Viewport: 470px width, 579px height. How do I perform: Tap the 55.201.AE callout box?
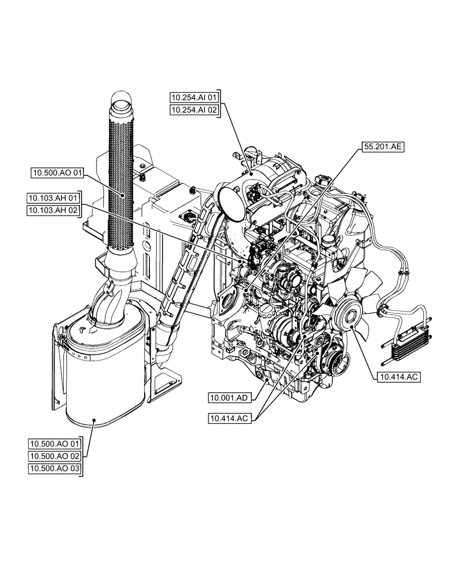(383, 147)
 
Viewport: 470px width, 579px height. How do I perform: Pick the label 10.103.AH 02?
(55, 211)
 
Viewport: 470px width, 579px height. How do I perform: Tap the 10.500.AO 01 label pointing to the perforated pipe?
(59, 172)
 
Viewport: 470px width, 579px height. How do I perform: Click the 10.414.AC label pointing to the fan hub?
(399, 377)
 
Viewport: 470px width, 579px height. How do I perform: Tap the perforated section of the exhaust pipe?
(122, 174)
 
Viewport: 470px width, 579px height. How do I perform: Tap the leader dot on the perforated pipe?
(123, 195)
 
